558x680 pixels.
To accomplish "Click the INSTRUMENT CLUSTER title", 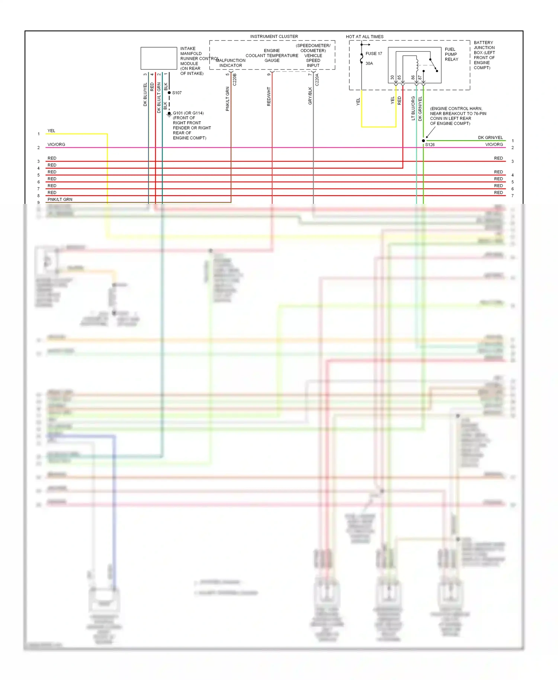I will [274, 36].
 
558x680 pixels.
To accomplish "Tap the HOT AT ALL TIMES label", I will [364, 36].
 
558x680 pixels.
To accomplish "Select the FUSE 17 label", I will [373, 54].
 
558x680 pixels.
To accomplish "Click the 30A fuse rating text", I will [369, 63].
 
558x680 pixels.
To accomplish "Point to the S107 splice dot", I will [169, 93].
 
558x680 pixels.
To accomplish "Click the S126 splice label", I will [430, 145].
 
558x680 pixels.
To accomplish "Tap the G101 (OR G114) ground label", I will [188, 113].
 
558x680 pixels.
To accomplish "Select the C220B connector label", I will [235, 80].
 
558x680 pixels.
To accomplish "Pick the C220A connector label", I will [317, 80].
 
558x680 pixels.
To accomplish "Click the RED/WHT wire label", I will [269, 97].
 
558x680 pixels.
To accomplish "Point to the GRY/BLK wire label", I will [310, 96].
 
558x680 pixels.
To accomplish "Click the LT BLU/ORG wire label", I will [413, 108].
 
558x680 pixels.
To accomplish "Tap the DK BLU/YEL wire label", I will [145, 94].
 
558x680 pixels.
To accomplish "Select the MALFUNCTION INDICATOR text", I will [230, 63].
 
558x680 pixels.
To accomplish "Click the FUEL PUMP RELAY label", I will [451, 54].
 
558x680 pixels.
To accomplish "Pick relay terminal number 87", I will [420, 78].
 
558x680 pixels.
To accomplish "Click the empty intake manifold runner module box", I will [159, 58].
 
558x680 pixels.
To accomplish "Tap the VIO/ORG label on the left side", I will [56, 144].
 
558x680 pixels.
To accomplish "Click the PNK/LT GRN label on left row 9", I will [60, 199].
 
